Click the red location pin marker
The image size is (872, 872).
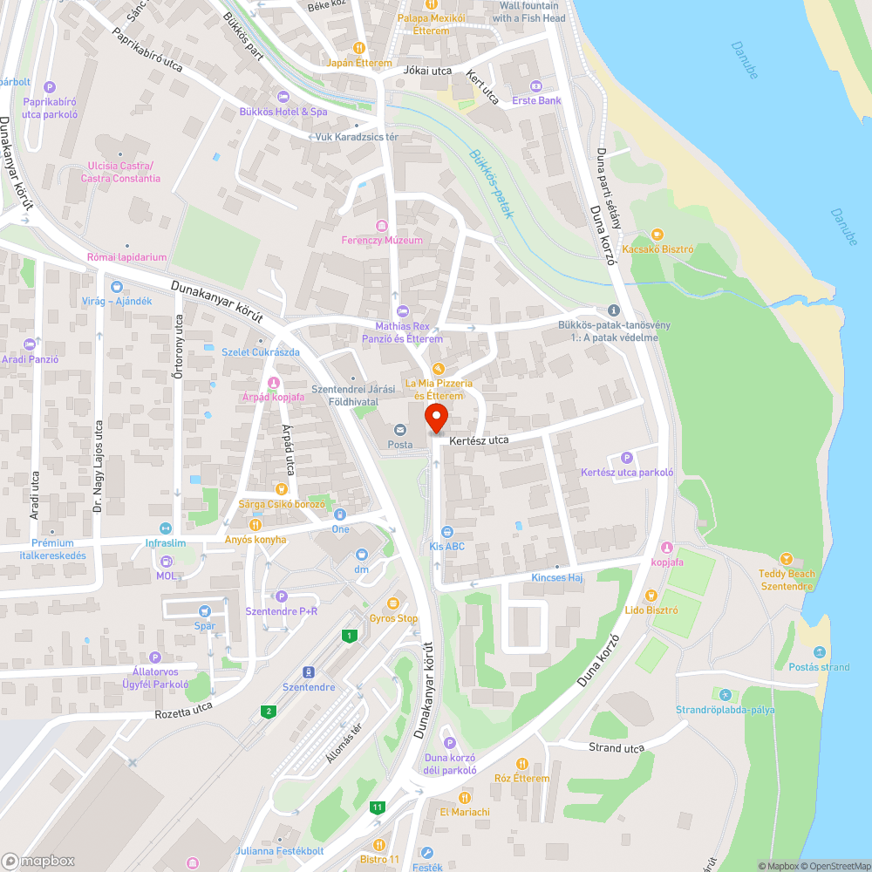click(436, 417)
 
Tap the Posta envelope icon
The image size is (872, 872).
click(400, 429)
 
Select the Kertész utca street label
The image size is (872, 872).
click(479, 440)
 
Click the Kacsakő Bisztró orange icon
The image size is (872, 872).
click(657, 234)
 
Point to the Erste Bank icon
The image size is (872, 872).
click(535, 85)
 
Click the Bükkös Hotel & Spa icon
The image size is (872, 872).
click(283, 96)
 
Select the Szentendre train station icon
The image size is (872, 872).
click(308, 671)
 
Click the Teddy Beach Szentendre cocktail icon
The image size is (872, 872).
click(787, 558)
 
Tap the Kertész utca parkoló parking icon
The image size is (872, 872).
click(626, 458)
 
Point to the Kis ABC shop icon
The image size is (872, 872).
click(446, 531)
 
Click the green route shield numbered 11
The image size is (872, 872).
click(377, 807)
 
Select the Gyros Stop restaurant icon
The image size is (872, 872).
click(393, 603)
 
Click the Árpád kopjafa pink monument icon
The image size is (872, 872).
click(273, 382)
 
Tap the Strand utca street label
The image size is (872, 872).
click(616, 748)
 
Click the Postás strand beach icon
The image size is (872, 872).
click(820, 652)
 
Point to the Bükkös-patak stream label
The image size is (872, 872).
click(488, 184)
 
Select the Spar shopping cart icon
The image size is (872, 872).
click(204, 612)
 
